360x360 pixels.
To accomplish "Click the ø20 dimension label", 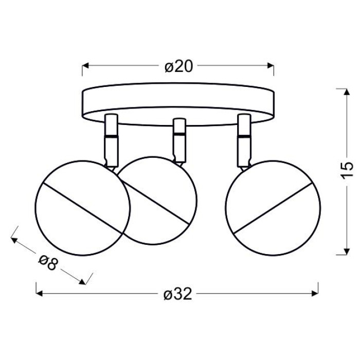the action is tap(179, 67).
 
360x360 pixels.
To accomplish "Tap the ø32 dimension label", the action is tap(178, 294).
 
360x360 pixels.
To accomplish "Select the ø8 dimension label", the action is tap(48, 263).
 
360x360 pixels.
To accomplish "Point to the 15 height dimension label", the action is tap(347, 170).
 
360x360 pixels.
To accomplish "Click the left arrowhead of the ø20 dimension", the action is tap(85, 66).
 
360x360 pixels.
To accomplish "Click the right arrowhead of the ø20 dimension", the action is tap(271, 66).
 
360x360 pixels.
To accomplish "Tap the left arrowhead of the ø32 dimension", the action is tap(40, 293).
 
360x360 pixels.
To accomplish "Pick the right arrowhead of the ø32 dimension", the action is tap(315, 293).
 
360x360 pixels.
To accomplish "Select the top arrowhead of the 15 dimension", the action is tap(347, 92).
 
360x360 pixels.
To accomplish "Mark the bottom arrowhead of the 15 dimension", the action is tap(347, 251).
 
